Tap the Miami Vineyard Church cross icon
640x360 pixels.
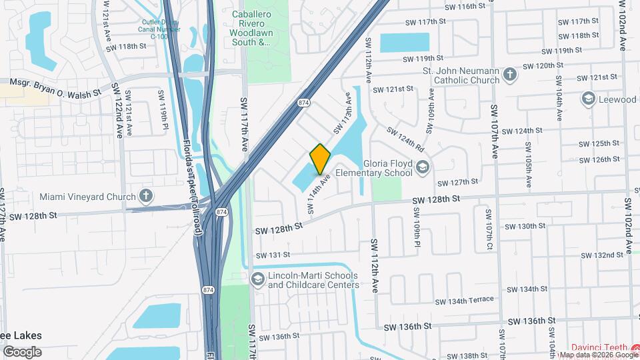(x=147, y=196)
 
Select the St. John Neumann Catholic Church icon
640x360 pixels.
(x=510, y=74)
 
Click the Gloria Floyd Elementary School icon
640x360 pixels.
(x=421, y=167)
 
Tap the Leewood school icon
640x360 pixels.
(x=588, y=99)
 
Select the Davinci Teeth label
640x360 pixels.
(x=604, y=347)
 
